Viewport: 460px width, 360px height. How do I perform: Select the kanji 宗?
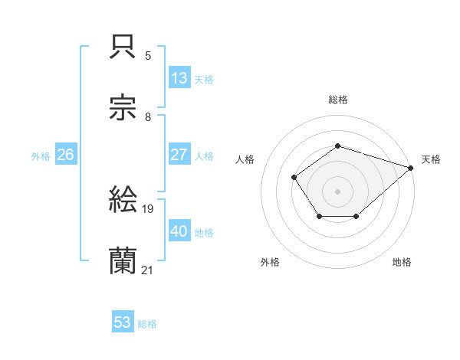coord(123,110)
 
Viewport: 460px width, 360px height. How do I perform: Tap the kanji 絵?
coord(123,201)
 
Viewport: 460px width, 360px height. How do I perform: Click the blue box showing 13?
coord(179,78)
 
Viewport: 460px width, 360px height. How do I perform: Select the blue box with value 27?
coord(179,155)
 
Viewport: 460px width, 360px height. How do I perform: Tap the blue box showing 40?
coord(179,231)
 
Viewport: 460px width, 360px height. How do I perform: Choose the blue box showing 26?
coord(65,155)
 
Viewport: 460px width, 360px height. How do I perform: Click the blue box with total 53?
coord(123,322)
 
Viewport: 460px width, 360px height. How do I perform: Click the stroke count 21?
coord(147,270)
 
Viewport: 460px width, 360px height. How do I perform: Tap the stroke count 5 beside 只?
coord(148,56)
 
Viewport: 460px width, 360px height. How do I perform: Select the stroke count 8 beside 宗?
coord(148,117)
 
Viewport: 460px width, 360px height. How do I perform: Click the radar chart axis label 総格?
coord(338,100)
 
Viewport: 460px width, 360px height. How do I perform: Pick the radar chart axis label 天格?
coord(431,159)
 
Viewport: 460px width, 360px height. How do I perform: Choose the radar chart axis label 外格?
coord(270,263)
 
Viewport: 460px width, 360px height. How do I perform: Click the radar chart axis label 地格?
coord(402,263)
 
